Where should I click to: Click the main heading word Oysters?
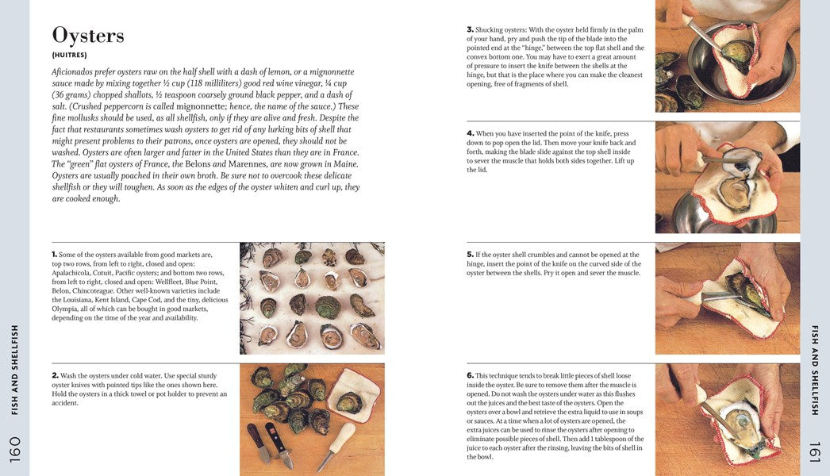[x=88, y=36]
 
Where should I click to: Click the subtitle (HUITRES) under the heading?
[x=69, y=56]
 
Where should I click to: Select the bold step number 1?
[x=55, y=255]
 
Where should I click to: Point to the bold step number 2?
[x=56, y=375]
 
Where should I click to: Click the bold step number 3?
[x=470, y=29]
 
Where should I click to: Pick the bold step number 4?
[x=470, y=133]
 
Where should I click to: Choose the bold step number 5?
[x=470, y=255]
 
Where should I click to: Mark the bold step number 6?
[x=470, y=375]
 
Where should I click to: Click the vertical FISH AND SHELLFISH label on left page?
[x=15, y=369]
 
